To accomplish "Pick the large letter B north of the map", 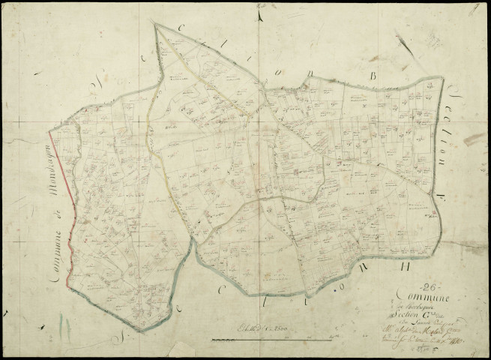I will click(372, 76).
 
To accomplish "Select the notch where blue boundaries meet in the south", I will click(196, 251).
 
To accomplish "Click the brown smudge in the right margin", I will click(474, 139).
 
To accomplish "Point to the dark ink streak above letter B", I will click(405, 46).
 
